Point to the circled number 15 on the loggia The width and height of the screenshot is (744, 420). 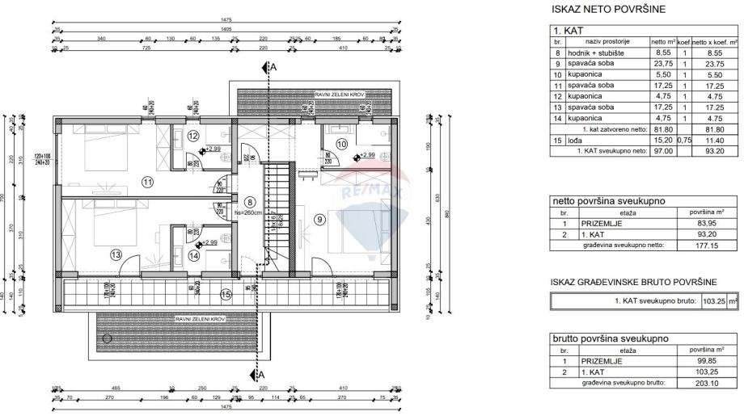(x=226, y=295)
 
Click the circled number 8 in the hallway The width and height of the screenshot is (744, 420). (x=251, y=203)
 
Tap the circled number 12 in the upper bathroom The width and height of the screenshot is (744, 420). (x=192, y=136)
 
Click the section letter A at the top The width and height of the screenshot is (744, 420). (x=274, y=68)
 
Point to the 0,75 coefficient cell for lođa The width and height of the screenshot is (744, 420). (x=684, y=141)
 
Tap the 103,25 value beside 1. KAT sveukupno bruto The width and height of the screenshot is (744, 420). (x=712, y=300)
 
